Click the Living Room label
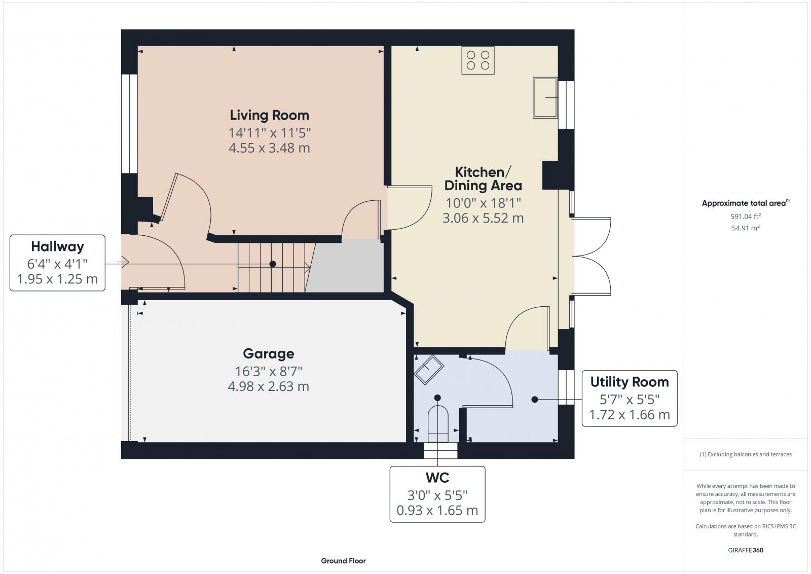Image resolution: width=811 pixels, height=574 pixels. pyautogui.click(x=269, y=115)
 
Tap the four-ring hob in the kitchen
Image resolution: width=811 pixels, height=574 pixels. pyautogui.click(x=477, y=60)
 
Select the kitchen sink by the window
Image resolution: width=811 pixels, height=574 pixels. pyautogui.click(x=544, y=98)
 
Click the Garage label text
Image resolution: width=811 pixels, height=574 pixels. pyautogui.click(x=268, y=353)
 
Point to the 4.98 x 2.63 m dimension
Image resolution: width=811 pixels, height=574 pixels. pyautogui.click(x=268, y=386)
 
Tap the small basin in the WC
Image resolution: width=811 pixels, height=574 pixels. pyautogui.click(x=429, y=369)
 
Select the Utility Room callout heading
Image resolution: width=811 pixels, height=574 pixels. pyautogui.click(x=629, y=382)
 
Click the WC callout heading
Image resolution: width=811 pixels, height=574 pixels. pyautogui.click(x=437, y=478)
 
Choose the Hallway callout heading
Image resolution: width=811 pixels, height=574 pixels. pyautogui.click(x=57, y=247)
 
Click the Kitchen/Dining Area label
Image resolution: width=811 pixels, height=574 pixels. pyautogui.click(x=483, y=178)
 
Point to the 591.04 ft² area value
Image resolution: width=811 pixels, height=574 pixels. pyautogui.click(x=745, y=216)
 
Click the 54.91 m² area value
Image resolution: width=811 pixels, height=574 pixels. pyautogui.click(x=745, y=228)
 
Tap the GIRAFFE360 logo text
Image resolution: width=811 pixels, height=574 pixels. pyautogui.click(x=745, y=550)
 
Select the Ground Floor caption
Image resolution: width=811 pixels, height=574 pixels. pyautogui.click(x=343, y=561)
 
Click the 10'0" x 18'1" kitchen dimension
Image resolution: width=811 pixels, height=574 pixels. pyautogui.click(x=483, y=203)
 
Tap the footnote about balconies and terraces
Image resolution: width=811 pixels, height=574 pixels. pyautogui.click(x=745, y=454)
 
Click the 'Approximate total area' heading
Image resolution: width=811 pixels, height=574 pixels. pyautogui.click(x=744, y=203)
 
